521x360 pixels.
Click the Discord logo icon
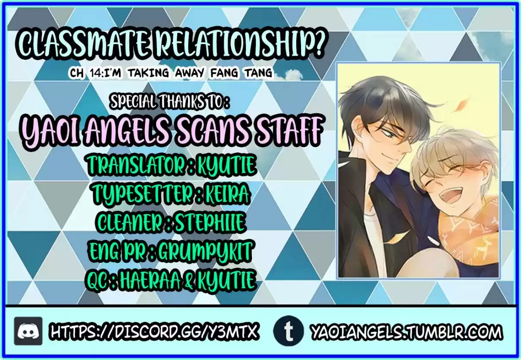(28, 331)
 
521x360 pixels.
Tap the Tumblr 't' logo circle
(289, 331)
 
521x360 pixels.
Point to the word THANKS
(182, 102)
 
